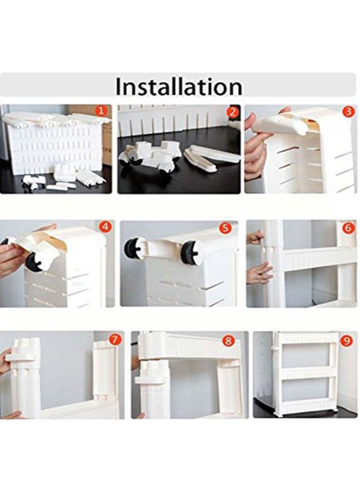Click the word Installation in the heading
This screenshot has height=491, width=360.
pyautogui.click(x=179, y=86)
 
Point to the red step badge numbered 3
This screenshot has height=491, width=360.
pyautogui.click(x=349, y=112)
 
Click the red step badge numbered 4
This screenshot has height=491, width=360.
pyautogui.click(x=105, y=226)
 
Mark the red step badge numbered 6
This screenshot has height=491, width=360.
pyautogui.click(x=348, y=227)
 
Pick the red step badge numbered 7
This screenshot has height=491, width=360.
pyautogui.click(x=115, y=339)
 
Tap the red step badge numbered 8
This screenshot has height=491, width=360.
pyautogui.click(x=229, y=340)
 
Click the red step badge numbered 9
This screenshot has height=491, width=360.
pyautogui.click(x=346, y=340)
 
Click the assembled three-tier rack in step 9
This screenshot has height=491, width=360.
pyautogui.click(x=304, y=374)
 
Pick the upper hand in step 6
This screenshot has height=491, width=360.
pyautogui.click(x=255, y=237)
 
